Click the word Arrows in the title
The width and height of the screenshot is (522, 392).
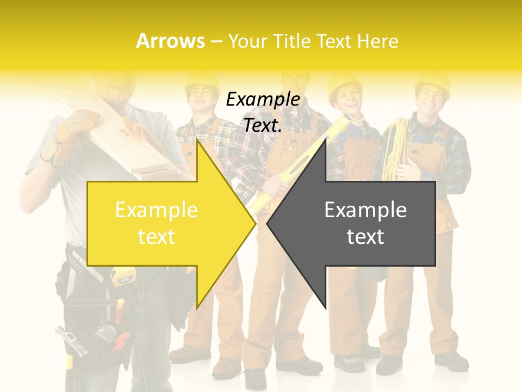(170, 41)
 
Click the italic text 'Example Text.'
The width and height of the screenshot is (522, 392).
(263, 112)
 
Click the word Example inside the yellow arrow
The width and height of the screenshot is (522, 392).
(156, 210)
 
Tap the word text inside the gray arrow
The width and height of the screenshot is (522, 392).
(365, 237)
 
